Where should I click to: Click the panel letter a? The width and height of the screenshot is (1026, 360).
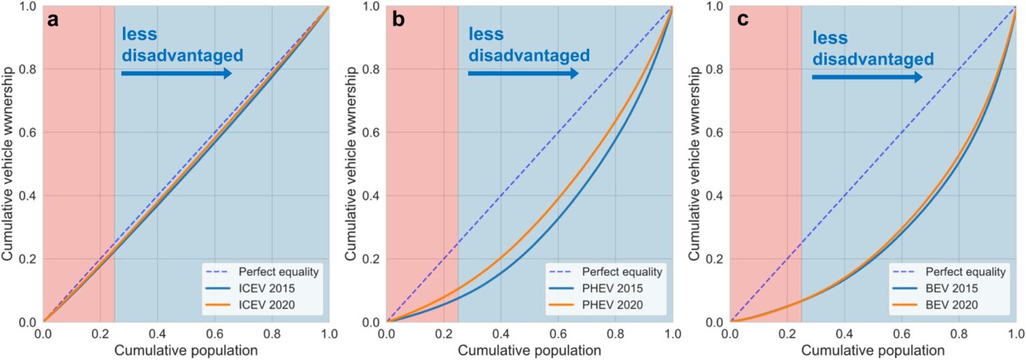53,20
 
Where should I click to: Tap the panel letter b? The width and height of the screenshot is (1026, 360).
398,20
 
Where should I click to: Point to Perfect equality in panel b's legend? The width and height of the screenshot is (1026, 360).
622,272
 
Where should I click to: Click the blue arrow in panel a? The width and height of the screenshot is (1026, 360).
176,73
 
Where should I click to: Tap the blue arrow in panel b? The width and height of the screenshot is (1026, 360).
522,73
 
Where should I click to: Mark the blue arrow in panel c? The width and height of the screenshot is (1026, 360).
866,77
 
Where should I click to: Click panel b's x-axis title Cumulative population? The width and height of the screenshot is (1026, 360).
530,350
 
